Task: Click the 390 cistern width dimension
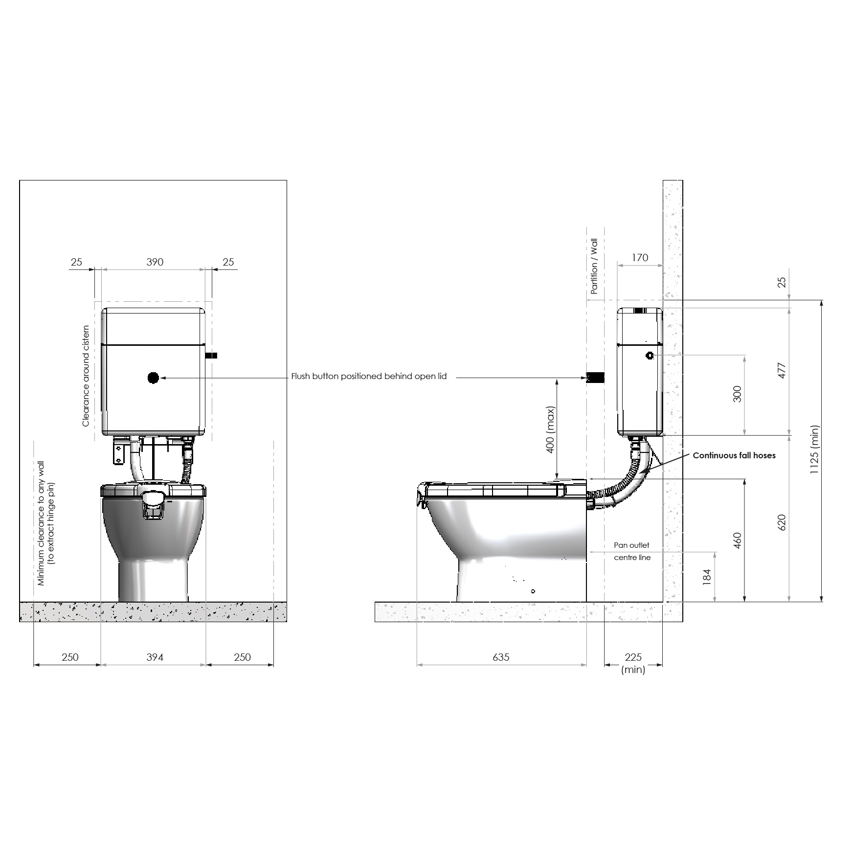(x=155, y=262)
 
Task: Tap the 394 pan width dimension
(x=155, y=657)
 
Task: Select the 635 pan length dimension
(x=501, y=657)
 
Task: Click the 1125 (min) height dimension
(x=814, y=449)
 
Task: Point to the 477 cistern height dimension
(x=782, y=370)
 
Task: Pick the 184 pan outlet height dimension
(x=706, y=577)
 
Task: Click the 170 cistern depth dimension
(x=640, y=258)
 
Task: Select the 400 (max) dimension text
(x=551, y=429)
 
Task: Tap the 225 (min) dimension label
(x=633, y=663)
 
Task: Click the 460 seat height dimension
(x=738, y=540)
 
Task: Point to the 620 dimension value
(x=782, y=523)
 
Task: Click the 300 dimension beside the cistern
(x=737, y=394)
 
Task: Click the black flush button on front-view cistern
(x=153, y=378)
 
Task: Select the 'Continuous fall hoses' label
(x=734, y=455)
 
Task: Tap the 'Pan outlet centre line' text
(x=632, y=551)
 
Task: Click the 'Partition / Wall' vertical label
(x=594, y=266)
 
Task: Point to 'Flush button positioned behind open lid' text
(x=369, y=377)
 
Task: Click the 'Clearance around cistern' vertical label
(x=86, y=376)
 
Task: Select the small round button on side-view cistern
(x=650, y=356)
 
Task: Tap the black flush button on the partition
(x=596, y=378)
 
